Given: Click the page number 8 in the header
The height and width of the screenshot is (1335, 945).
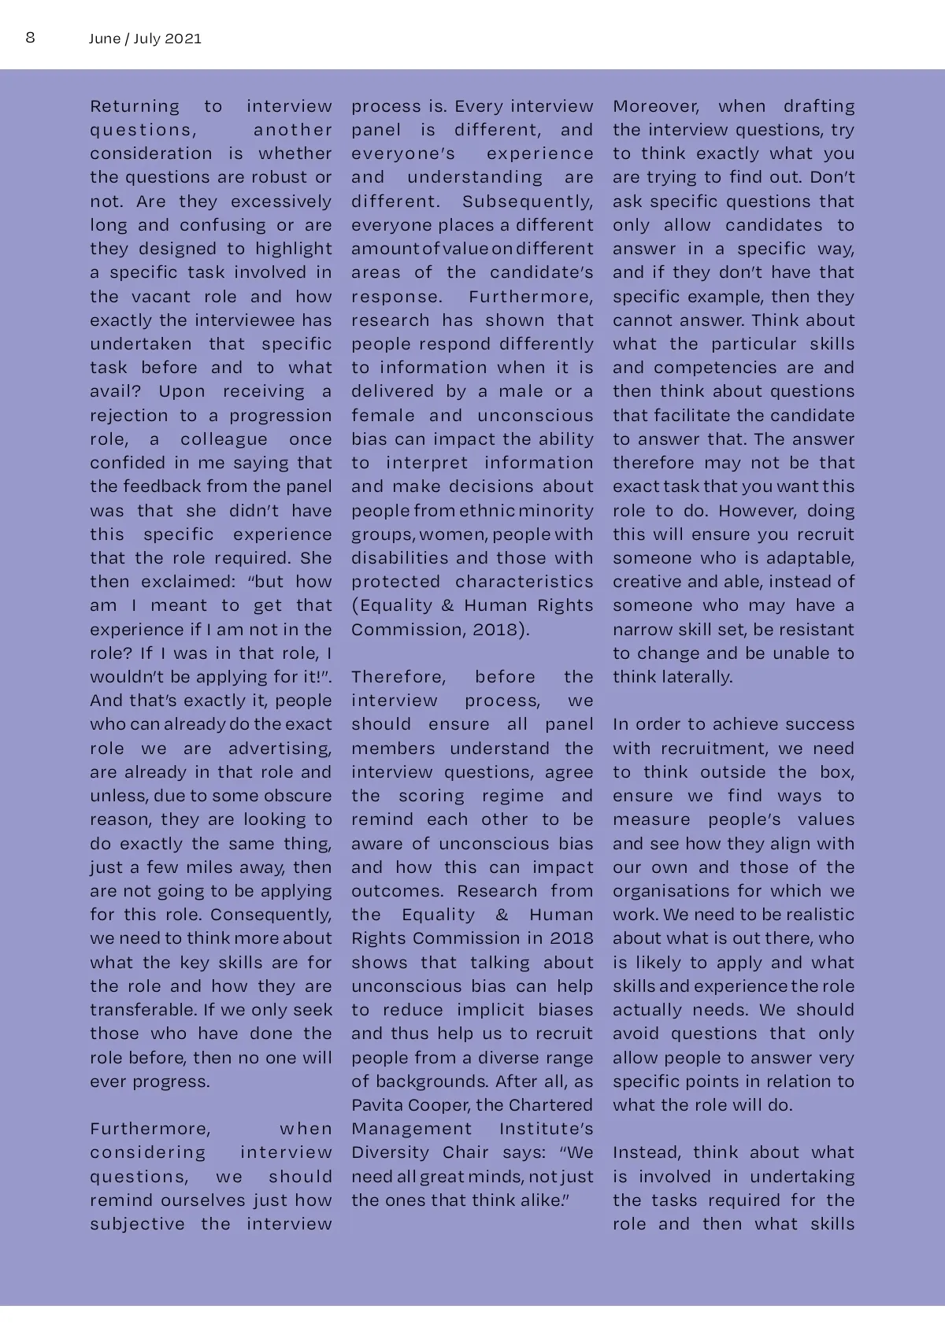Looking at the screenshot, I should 30,38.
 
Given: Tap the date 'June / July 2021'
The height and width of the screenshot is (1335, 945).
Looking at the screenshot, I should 145,39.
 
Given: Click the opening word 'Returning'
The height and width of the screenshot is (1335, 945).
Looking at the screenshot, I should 135,106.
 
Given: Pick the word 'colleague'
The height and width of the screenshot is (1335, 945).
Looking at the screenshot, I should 224,439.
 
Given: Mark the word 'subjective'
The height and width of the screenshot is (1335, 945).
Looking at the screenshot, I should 137,1224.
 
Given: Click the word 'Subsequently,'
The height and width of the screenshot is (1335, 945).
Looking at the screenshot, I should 528,202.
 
